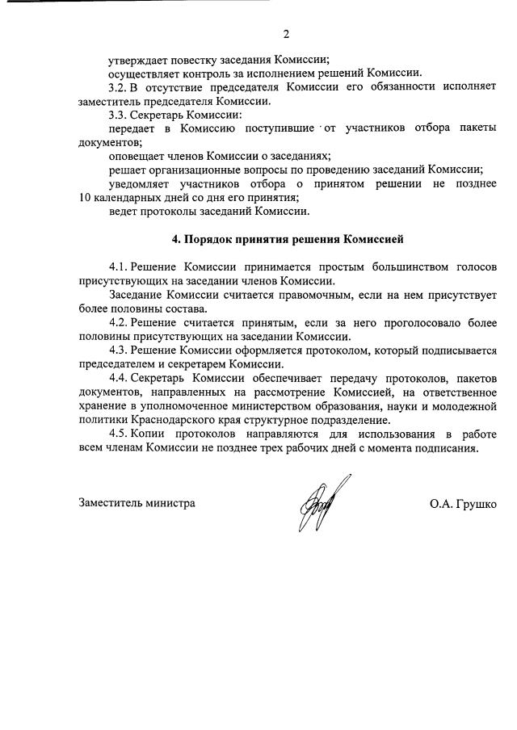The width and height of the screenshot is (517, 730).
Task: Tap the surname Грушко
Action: coord(476,503)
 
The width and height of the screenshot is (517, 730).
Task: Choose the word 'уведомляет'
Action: coord(140,184)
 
